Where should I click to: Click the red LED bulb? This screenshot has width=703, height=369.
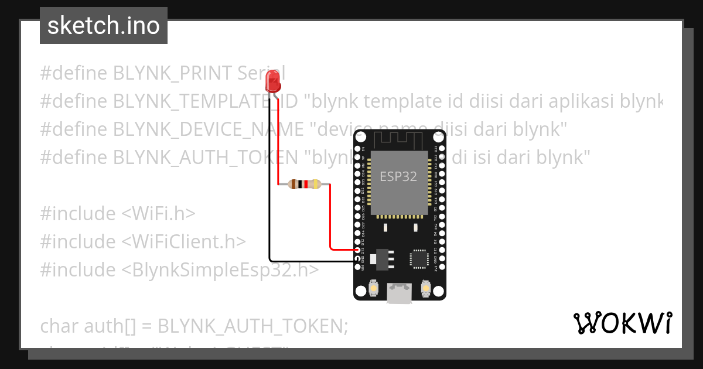(x=272, y=80)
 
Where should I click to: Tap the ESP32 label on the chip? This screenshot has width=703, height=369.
(x=398, y=176)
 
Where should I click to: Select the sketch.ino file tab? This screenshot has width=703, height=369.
(x=104, y=26)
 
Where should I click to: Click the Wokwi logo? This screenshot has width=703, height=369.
(x=622, y=323)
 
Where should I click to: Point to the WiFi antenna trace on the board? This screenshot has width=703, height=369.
(x=400, y=139)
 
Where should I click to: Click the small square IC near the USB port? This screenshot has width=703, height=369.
(x=419, y=258)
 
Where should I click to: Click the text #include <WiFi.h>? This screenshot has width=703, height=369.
(x=118, y=214)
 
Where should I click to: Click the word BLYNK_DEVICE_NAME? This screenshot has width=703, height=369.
(x=209, y=129)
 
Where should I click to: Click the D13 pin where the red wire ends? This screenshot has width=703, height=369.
(x=358, y=250)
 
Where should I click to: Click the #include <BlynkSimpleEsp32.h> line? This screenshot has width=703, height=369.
(x=180, y=269)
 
